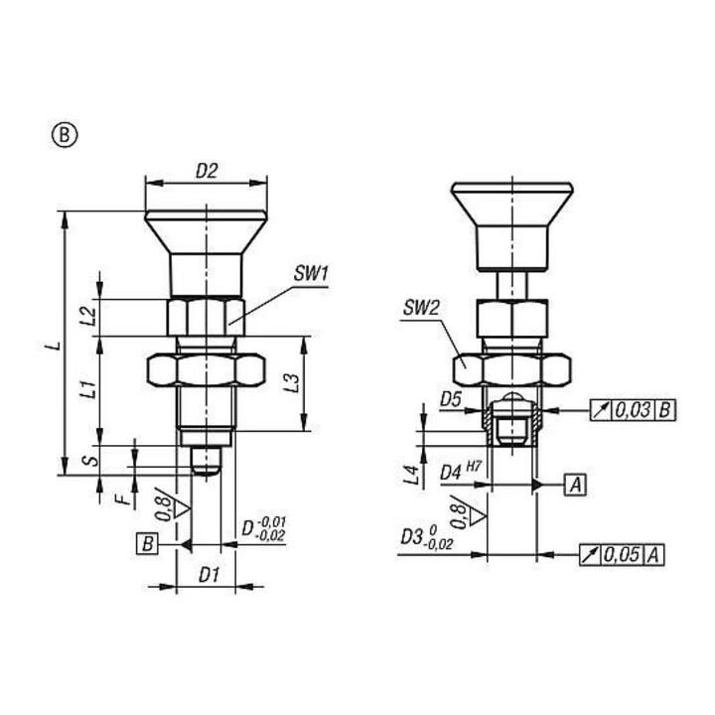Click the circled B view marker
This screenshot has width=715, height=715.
click(65, 135)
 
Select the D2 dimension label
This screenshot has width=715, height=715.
click(207, 171)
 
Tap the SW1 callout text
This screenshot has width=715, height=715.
click(311, 274)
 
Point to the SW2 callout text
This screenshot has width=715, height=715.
click(421, 309)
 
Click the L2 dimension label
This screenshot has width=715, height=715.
click(89, 316)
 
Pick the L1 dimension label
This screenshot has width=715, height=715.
click(89, 388)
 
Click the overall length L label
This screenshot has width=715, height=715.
click(55, 345)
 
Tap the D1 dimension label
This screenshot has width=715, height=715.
click(209, 575)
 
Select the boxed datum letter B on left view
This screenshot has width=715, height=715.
click(147, 544)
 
